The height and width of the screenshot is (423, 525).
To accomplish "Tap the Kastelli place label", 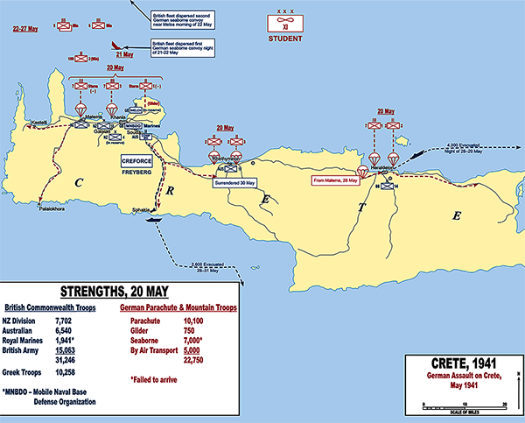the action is click(x=38, y=121).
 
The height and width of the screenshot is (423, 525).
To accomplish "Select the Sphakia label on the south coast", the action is click(x=143, y=211).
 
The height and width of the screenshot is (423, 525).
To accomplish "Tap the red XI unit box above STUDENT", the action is click(x=283, y=25).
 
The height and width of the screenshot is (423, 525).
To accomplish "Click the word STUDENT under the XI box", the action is click(x=283, y=39).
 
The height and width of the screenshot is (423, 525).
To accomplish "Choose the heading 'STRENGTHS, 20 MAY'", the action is click(x=116, y=292).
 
